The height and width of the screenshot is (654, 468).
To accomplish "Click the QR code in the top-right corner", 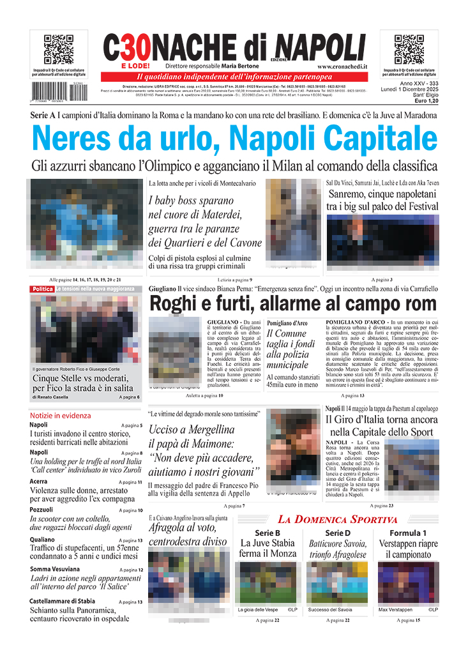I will [409, 49].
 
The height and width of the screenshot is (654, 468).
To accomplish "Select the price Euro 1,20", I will [426, 101].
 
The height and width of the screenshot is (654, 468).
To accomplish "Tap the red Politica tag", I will [42, 289].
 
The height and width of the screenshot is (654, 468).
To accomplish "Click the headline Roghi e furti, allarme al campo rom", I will [293, 303].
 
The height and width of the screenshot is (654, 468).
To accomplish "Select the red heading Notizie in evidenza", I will [61, 415].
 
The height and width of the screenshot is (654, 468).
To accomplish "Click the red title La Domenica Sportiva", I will [346, 519].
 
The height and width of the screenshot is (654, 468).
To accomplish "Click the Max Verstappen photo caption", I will [395, 610].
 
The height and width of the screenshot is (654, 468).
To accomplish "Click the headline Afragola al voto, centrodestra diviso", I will [188, 535].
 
